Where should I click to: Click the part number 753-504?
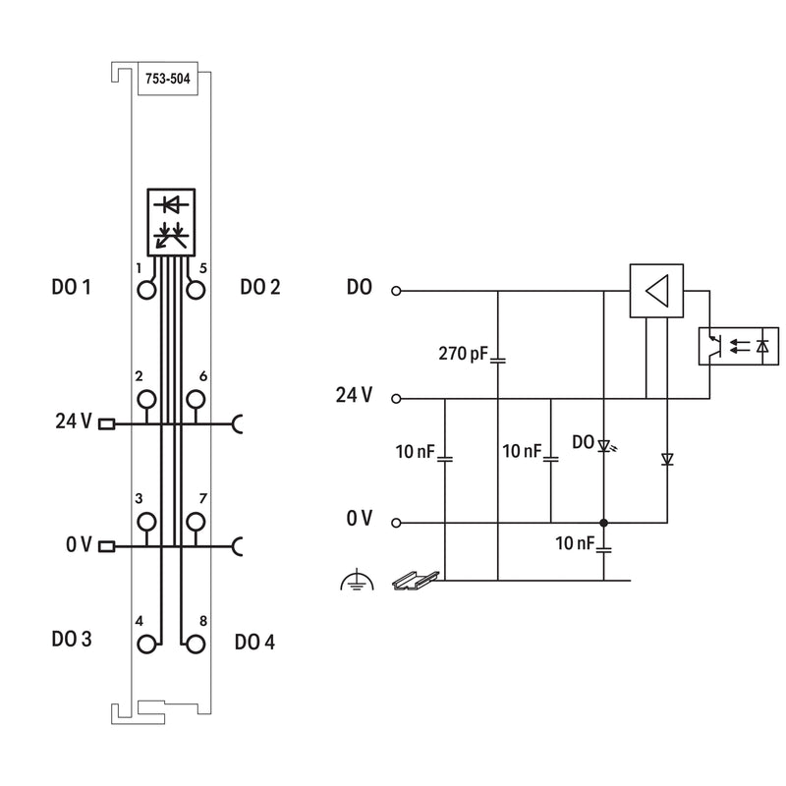click(167, 79)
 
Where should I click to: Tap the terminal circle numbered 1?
click(146, 290)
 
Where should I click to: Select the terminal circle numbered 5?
click(196, 290)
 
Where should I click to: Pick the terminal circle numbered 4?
click(146, 645)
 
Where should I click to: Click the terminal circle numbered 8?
click(196, 645)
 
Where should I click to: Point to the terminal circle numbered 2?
click(146, 400)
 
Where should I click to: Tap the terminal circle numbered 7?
click(196, 522)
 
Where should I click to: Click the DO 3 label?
click(72, 640)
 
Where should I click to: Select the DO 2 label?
click(260, 287)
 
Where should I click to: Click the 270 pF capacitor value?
click(463, 354)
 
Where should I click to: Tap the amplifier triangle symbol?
click(657, 291)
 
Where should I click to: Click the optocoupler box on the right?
click(739, 346)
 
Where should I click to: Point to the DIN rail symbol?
click(416, 581)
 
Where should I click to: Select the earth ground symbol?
click(357, 580)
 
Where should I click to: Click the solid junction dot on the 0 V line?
click(604, 523)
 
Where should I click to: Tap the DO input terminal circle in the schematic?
click(396, 291)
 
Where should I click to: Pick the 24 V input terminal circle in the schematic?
click(396, 399)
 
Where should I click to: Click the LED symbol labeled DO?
click(605, 445)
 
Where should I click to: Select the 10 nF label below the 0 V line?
click(575, 543)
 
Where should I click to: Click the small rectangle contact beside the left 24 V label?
click(107, 424)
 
